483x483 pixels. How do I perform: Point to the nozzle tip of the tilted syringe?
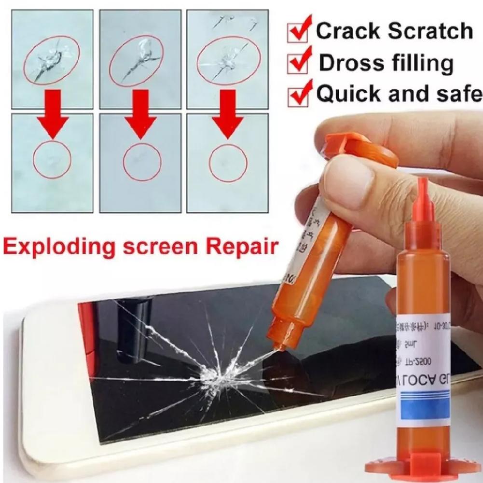pos(276,345)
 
